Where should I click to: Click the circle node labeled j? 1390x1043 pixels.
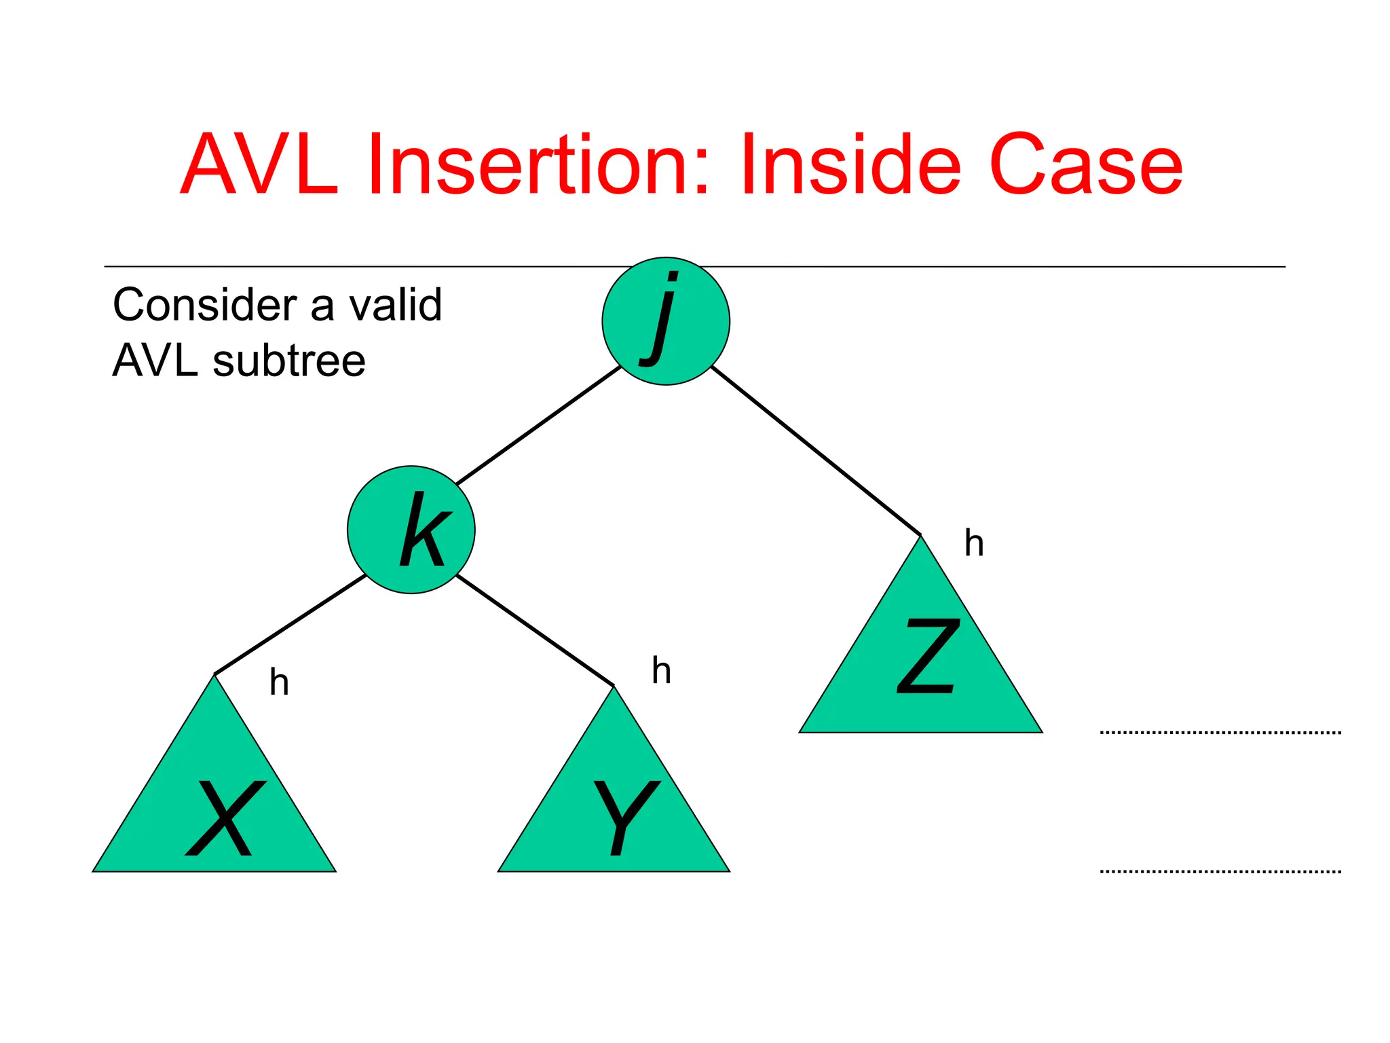(666, 321)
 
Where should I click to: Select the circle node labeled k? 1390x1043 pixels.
(411, 530)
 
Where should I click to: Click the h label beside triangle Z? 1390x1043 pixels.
(974, 543)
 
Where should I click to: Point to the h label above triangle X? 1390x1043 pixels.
(279, 682)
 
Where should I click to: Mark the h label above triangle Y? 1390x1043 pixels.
(661, 671)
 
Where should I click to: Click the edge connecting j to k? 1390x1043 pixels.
(538, 425)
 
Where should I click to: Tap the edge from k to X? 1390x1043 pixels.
(290, 624)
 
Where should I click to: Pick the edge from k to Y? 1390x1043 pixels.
(536, 630)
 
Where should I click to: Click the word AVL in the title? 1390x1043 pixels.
(260, 165)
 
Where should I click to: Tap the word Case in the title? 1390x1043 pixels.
(1086, 165)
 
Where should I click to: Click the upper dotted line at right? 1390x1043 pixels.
(1220, 733)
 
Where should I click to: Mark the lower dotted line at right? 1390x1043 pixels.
(1220, 871)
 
